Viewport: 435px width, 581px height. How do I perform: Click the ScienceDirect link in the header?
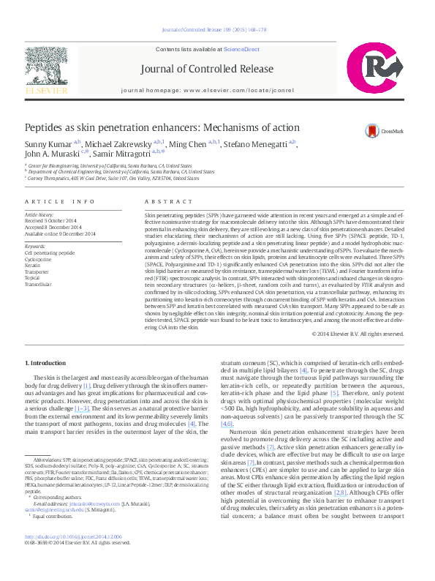[241, 49]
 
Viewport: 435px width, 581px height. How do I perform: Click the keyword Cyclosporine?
[39, 258]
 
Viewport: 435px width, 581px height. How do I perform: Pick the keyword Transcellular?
[39, 285]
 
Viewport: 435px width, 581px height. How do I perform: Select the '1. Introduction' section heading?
[46, 364]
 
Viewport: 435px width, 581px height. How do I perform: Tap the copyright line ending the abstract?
[358, 334]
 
